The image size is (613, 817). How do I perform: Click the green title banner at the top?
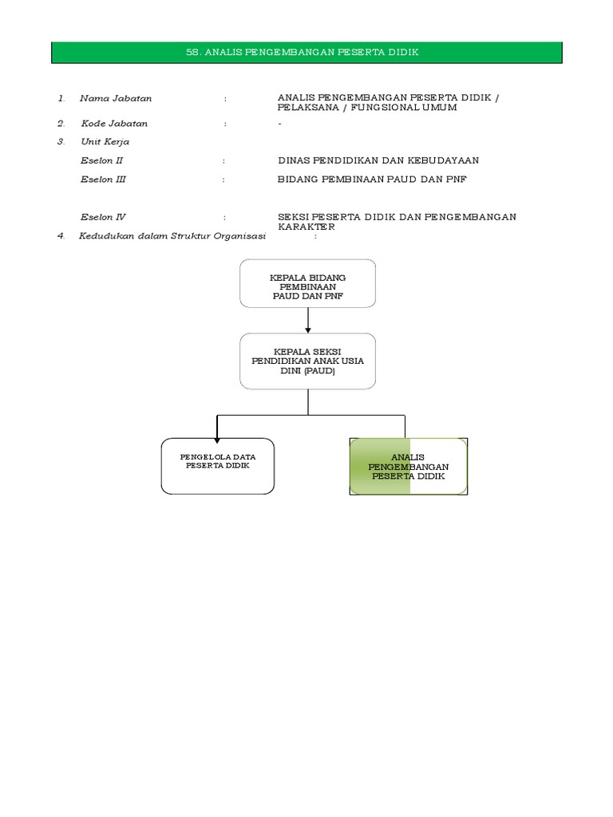[x=307, y=53]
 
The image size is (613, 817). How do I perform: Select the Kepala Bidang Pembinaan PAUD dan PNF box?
[x=307, y=283]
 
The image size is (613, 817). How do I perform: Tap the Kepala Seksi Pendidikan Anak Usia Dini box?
[x=307, y=361]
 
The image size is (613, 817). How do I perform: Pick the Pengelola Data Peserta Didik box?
[x=217, y=466]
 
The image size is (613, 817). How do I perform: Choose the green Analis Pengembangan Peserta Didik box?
[x=408, y=466]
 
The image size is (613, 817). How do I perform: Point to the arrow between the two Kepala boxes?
[x=307, y=320]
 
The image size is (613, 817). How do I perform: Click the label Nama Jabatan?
[x=116, y=98]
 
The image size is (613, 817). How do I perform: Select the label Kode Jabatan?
[x=114, y=124]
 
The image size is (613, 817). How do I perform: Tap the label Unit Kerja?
[x=105, y=142]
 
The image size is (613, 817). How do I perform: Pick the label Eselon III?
[x=103, y=180]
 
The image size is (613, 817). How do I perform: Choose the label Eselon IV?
[x=103, y=217]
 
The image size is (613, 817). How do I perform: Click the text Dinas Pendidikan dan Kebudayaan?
[x=378, y=160]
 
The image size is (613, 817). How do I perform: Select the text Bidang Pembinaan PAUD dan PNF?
[x=372, y=180]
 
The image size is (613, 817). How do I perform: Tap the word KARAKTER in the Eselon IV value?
[x=306, y=227]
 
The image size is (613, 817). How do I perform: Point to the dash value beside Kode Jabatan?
[x=279, y=124]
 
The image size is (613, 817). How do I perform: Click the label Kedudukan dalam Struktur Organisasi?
[x=172, y=237]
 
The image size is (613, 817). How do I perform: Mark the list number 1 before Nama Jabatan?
[x=61, y=98]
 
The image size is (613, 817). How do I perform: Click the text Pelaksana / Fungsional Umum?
[x=367, y=108]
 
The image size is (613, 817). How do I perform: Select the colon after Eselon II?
[x=226, y=160]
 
